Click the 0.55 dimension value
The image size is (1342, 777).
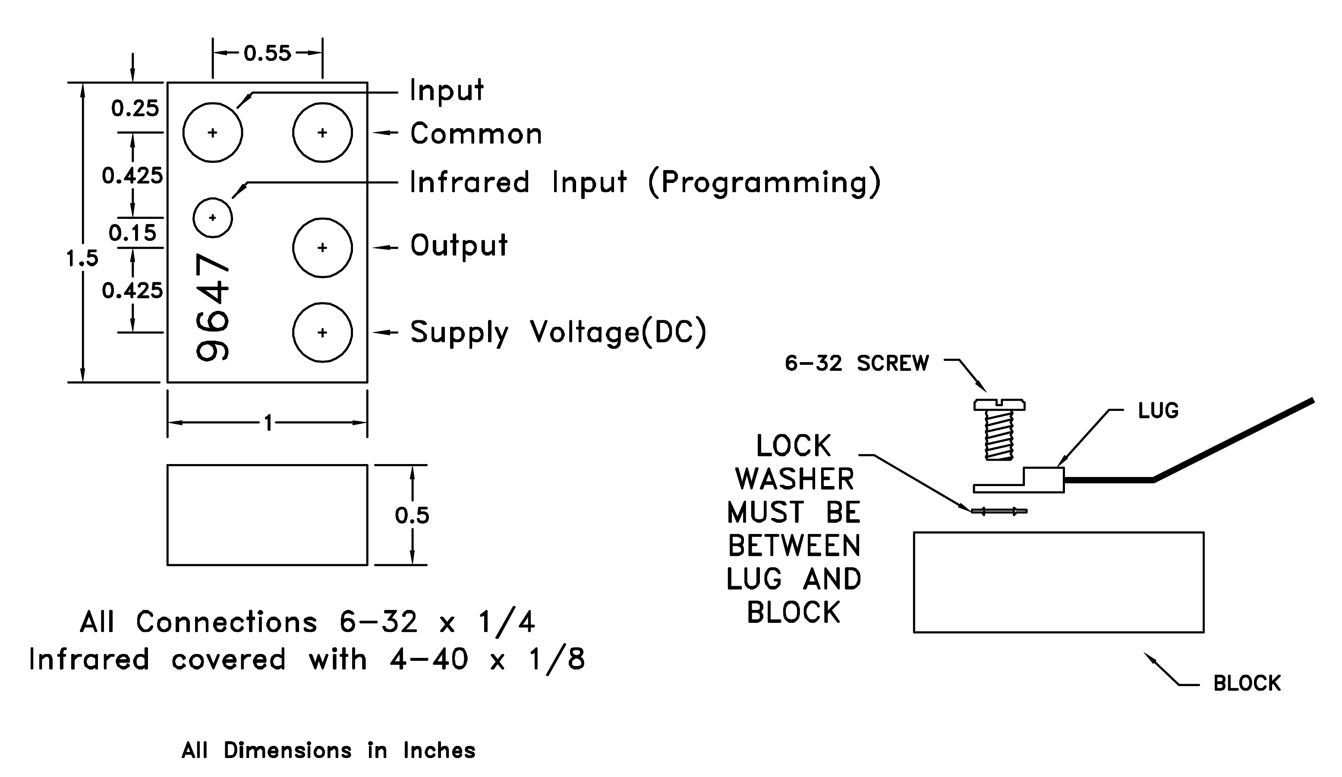[268, 53]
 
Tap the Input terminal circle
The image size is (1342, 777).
[212, 133]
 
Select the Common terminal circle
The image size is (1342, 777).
[322, 133]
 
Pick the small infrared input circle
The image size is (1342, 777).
[212, 217]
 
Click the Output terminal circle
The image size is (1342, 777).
[322, 247]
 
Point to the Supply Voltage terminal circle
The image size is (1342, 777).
[322, 332]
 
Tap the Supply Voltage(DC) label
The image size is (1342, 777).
[558, 332]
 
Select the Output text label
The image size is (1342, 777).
[459, 246]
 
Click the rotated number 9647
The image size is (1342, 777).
[212, 308]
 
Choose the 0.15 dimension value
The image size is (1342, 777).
[132, 233]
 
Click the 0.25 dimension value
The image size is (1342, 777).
[135, 109]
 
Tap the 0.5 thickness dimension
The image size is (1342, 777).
[412, 515]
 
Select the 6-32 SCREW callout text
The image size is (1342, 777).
[857, 363]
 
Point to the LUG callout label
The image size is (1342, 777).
[1158, 411]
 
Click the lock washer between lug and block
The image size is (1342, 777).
[999, 511]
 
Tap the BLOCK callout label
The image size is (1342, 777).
[1247, 683]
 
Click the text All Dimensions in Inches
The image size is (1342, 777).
[328, 750]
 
